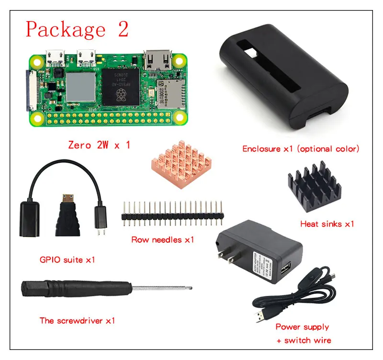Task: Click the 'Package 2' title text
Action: (x=77, y=29)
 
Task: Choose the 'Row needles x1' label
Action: (x=163, y=239)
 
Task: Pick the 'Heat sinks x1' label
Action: (x=327, y=224)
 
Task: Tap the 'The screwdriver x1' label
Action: (x=77, y=320)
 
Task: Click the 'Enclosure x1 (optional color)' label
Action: (x=301, y=149)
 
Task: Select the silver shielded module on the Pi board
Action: (x=80, y=86)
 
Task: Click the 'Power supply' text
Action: (x=302, y=327)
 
